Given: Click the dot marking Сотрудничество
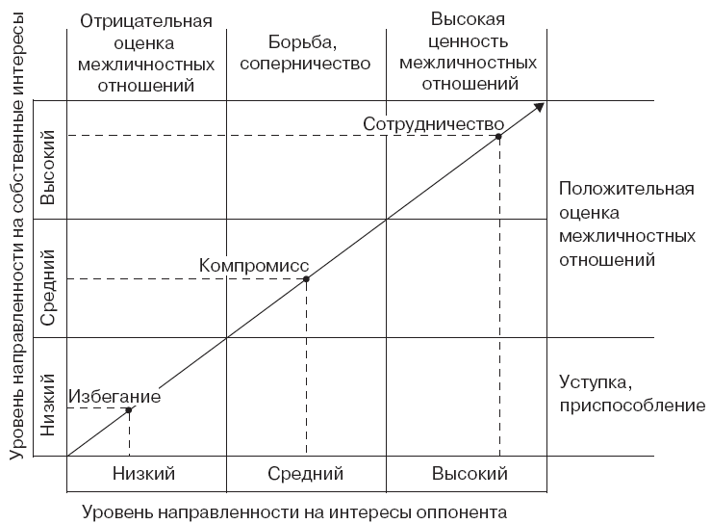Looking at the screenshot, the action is point(498,136).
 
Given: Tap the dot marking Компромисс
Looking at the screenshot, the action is point(306,278).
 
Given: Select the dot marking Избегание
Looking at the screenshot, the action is point(129,409).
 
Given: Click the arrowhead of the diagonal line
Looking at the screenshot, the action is point(540,107).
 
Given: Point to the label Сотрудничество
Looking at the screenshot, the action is point(434,124).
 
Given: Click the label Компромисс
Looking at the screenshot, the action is point(254,266).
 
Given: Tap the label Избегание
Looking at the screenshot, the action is point(114,397).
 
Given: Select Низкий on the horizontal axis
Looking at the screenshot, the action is point(143,474).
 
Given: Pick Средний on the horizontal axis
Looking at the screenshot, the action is point(305,474).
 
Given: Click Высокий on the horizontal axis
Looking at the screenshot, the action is point(470,474).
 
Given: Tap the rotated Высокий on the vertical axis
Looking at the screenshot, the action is point(47,167).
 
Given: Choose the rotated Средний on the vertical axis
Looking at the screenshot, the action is point(47,287).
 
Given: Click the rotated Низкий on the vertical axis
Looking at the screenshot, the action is point(47,405).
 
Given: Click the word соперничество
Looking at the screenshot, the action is point(305,64).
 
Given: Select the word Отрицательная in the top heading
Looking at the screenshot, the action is point(146,21).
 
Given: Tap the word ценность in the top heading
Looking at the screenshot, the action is point(468,41).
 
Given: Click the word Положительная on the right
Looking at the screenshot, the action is point(626,189).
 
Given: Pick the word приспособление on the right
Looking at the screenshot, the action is point(632,406).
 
